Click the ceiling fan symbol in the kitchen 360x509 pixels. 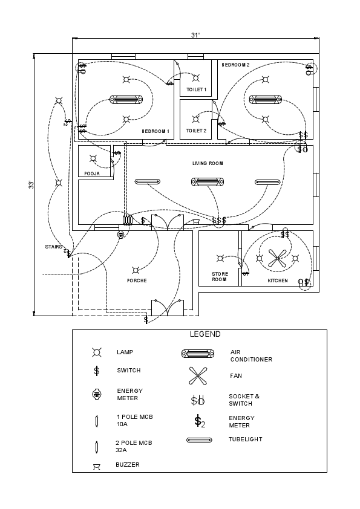(277, 259)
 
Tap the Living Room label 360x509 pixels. (208, 163)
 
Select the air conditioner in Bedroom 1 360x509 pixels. (126, 100)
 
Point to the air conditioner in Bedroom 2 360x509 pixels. (265, 100)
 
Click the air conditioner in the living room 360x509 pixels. (208, 181)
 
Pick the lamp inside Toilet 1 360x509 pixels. (195, 78)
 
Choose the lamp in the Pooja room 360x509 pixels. (93, 159)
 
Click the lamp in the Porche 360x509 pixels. (137, 270)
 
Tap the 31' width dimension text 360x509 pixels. (195, 35)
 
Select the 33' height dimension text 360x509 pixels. (31, 184)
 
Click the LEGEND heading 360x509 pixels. (205, 334)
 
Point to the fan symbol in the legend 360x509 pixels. (198, 376)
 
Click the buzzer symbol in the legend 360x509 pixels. (96, 466)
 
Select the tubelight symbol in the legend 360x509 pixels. (200, 440)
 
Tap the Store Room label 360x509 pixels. (219, 277)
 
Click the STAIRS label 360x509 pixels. (53, 247)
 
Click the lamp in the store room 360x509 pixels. (221, 259)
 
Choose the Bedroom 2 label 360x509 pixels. (235, 64)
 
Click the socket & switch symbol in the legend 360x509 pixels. (198, 400)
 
